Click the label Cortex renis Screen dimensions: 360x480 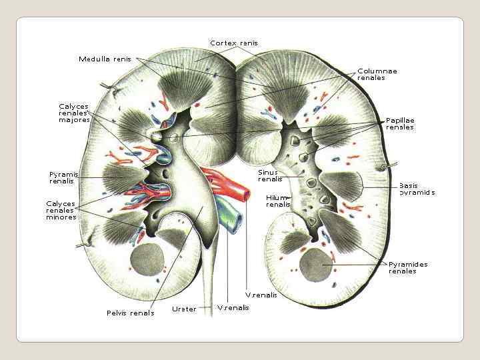pyautogui.click(x=233, y=43)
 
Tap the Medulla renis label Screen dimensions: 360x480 pyautogui.click(x=105, y=59)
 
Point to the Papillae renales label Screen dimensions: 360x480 pyautogui.click(x=400, y=123)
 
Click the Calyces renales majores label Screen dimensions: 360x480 pyautogui.click(x=74, y=113)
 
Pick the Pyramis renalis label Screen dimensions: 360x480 pyautogui.click(x=64, y=177)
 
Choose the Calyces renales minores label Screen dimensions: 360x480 pyautogui.click(x=61, y=210)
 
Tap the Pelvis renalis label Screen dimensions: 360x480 pyautogui.click(x=130, y=313)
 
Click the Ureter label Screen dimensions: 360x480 pyautogui.click(x=184, y=309)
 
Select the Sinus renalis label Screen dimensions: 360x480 pyautogui.click(x=270, y=175)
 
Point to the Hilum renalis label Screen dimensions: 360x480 pyautogui.click(x=278, y=201)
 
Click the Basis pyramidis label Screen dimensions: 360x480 pyautogui.click(x=417, y=189)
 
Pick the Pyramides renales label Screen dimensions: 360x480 pyautogui.click(x=408, y=267)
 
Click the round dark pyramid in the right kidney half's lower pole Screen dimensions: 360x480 pyautogui.click(x=315, y=265)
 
